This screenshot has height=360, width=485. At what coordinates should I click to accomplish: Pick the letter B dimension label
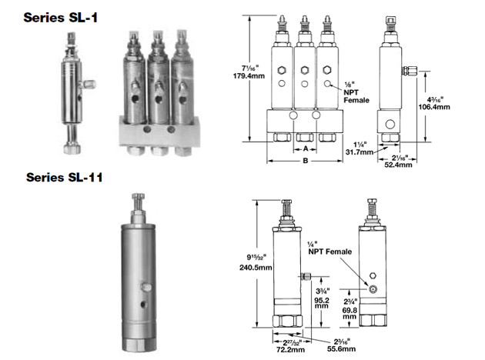click(306, 162)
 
